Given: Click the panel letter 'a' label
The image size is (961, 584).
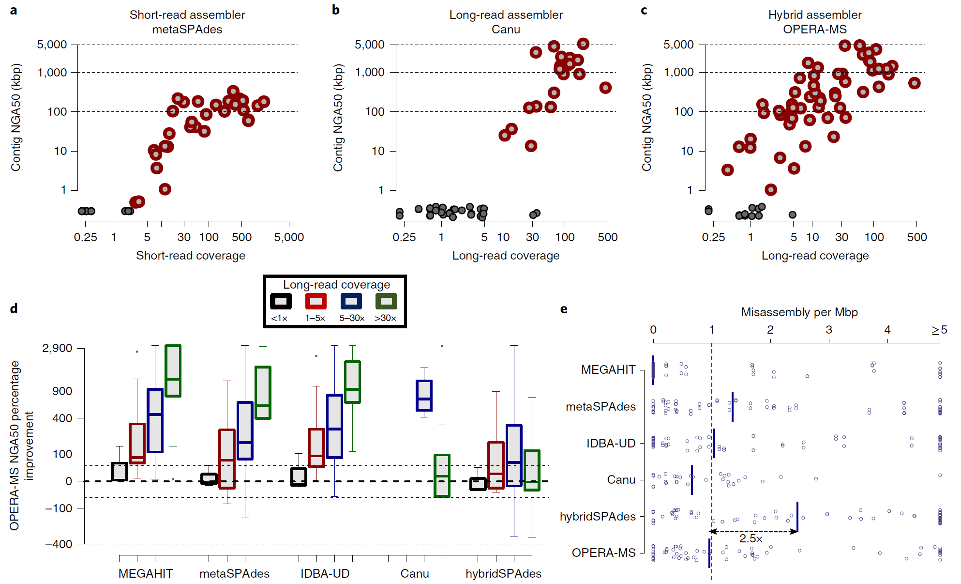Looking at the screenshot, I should click(x=14, y=10).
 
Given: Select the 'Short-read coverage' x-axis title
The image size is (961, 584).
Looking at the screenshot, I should click(x=190, y=256).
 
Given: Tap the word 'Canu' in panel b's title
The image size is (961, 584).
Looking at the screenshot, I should click(x=506, y=30).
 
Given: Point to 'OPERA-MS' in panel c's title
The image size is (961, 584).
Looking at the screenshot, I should click(x=815, y=30).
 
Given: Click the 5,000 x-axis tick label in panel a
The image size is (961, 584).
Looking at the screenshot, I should click(x=289, y=237).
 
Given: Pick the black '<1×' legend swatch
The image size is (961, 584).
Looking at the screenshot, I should click(x=281, y=301).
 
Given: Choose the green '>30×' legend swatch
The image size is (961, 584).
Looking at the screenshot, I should click(x=386, y=301).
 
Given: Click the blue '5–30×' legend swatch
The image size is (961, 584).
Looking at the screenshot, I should click(x=351, y=301).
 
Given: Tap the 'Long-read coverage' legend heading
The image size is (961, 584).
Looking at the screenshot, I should click(x=336, y=285).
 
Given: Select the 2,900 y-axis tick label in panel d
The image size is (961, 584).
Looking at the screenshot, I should click(x=57, y=348).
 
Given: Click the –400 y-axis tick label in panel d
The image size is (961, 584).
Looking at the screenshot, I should click(x=59, y=544).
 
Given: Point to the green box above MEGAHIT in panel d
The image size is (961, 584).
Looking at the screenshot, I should click(x=173, y=371).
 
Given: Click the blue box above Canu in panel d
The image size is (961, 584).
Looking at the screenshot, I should click(x=424, y=396).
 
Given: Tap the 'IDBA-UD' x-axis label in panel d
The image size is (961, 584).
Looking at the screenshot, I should click(x=325, y=574).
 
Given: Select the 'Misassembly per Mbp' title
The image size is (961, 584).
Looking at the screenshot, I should click(x=799, y=312).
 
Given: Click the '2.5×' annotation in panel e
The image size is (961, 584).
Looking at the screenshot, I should click(x=751, y=538).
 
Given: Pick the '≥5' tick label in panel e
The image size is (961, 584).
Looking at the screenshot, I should click(x=939, y=330).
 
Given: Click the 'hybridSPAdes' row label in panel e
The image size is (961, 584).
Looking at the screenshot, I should click(x=598, y=517).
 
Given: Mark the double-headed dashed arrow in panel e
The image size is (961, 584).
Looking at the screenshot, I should click(x=753, y=531).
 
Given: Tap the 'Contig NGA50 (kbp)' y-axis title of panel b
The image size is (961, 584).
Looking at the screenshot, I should click(x=338, y=118).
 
